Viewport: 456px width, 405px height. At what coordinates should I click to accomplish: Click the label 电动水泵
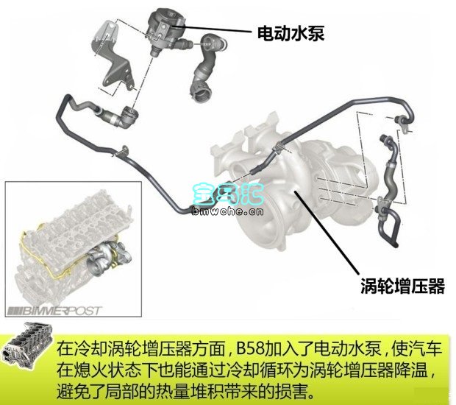click(x=291, y=33)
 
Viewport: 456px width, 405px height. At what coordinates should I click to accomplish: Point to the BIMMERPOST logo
click(x=54, y=311)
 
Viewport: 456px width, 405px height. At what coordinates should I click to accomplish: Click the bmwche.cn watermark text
click(x=228, y=211)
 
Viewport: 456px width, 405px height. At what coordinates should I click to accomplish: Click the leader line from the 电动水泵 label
click(x=212, y=29)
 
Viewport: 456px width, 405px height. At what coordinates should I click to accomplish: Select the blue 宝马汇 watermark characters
click(x=228, y=193)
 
